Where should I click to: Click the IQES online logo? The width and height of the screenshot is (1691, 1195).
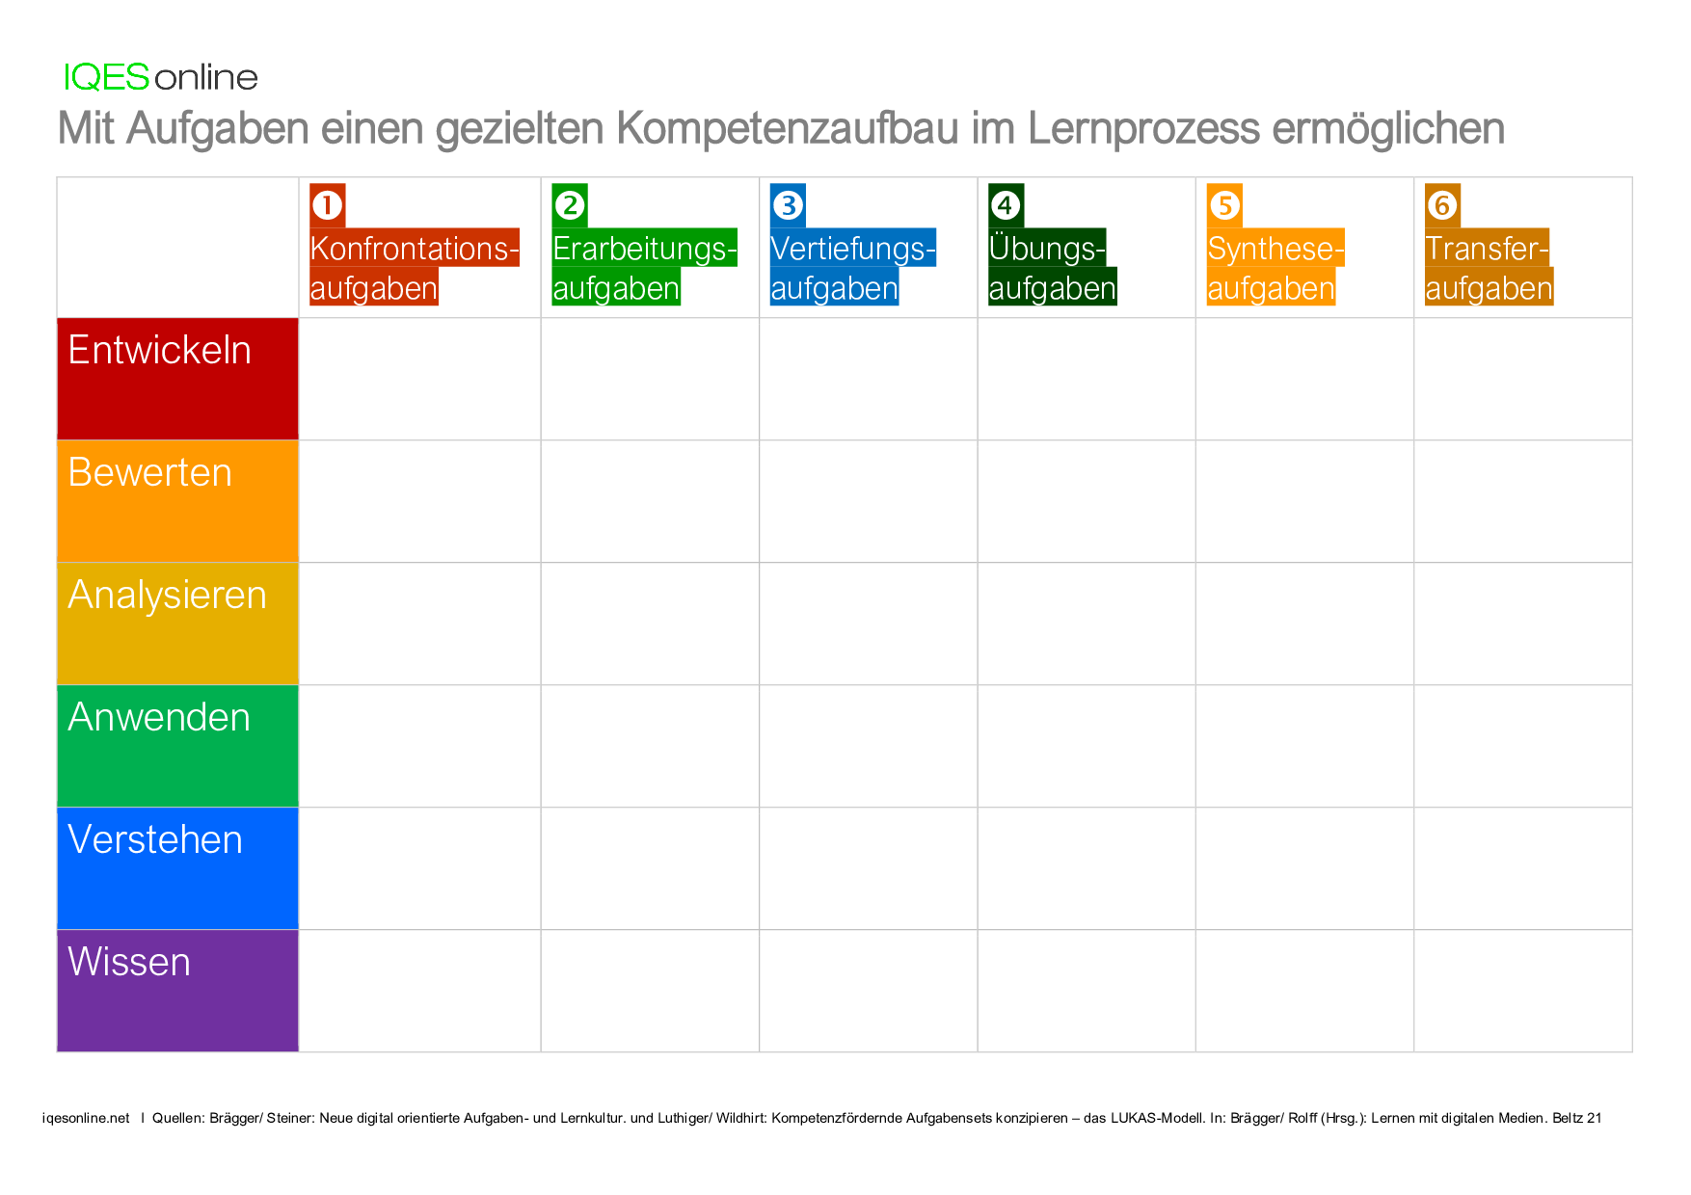point(160,77)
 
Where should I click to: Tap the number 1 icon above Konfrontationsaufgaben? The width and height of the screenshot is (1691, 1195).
point(327,205)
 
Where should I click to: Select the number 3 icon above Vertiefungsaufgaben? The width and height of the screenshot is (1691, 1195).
point(788,205)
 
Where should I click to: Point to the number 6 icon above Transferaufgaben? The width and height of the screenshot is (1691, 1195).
point(1442,205)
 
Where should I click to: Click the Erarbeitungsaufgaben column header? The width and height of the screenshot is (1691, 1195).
point(643,268)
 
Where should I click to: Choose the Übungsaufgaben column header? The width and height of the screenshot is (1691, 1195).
point(1051,268)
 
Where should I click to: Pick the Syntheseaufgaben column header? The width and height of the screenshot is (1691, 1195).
point(1274,268)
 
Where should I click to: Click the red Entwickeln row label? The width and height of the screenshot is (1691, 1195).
point(177,379)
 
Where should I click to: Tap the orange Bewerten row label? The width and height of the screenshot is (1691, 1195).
point(177,501)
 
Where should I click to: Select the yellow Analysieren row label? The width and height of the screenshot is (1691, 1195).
point(177,624)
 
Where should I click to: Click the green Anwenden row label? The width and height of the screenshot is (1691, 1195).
point(177,746)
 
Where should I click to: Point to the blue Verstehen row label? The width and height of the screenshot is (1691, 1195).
point(177,868)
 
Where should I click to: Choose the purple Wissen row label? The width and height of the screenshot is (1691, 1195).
point(177,991)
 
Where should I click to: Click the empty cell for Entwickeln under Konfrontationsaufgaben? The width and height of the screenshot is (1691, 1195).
point(419,379)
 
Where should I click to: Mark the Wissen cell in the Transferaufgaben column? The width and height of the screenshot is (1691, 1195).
point(1522,991)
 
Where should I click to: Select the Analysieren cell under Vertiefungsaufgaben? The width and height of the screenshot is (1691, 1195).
point(868,624)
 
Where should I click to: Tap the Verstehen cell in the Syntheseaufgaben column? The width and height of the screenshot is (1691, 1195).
point(1304,868)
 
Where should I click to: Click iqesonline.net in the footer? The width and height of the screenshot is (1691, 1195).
point(86,1118)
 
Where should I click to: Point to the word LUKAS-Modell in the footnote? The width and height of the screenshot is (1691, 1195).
point(1157,1118)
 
